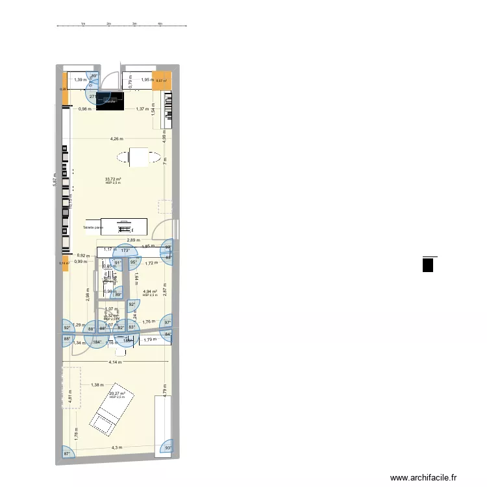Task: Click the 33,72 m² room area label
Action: [114, 179]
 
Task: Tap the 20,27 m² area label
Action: [117, 393]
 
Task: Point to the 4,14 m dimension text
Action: [116, 362]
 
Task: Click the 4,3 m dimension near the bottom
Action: [117, 447]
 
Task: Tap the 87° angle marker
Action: [66, 453]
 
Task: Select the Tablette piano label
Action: [94, 227]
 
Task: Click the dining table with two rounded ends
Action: [139, 156]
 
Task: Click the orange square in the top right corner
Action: [161, 81]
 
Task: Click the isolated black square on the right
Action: [428, 265]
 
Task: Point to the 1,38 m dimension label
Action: [97, 386]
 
